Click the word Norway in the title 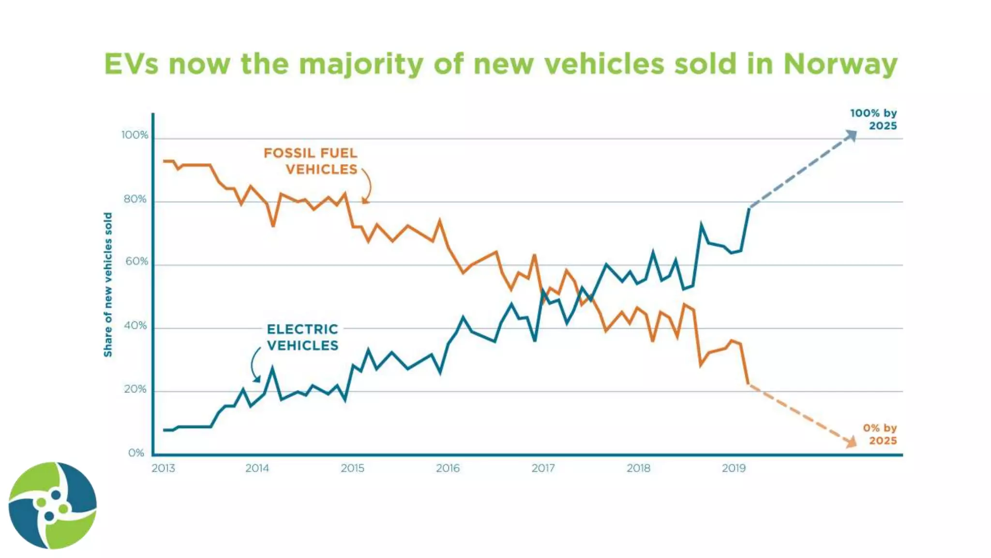click(841, 64)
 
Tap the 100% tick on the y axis click(135, 135)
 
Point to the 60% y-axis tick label click(136, 262)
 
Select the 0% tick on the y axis click(136, 453)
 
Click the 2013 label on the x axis click(163, 468)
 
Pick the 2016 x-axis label click(448, 468)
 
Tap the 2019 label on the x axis click(734, 468)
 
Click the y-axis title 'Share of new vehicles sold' click(108, 285)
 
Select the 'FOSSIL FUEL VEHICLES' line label click(311, 161)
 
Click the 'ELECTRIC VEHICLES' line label click(302, 337)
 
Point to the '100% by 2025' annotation click(873, 119)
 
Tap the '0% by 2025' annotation click(880, 434)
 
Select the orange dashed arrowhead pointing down click(851, 442)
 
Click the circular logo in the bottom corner click(52, 505)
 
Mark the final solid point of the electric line click(749, 208)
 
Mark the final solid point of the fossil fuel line click(749, 384)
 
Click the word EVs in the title click(131, 64)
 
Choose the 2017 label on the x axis click(543, 468)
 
